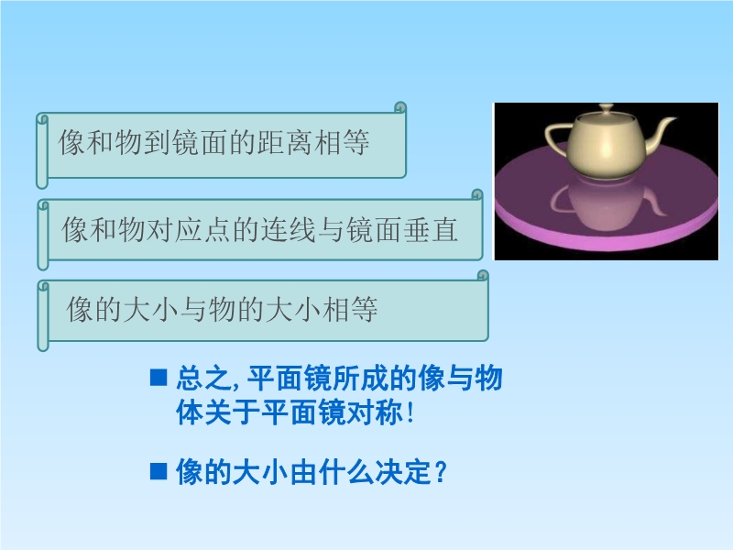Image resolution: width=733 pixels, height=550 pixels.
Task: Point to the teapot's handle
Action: (556, 136)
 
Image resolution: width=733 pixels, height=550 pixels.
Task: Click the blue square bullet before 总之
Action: (159, 377)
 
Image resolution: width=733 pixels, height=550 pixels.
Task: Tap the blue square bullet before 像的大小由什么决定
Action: (159, 471)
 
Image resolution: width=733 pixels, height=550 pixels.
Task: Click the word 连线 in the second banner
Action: (289, 229)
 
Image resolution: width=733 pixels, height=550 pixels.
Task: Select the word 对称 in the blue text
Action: (374, 412)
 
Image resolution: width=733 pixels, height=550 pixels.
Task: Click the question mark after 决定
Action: (441, 472)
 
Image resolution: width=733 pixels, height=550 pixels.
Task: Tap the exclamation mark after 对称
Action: (410, 412)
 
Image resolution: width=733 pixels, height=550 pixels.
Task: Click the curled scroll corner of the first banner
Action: (400, 107)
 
